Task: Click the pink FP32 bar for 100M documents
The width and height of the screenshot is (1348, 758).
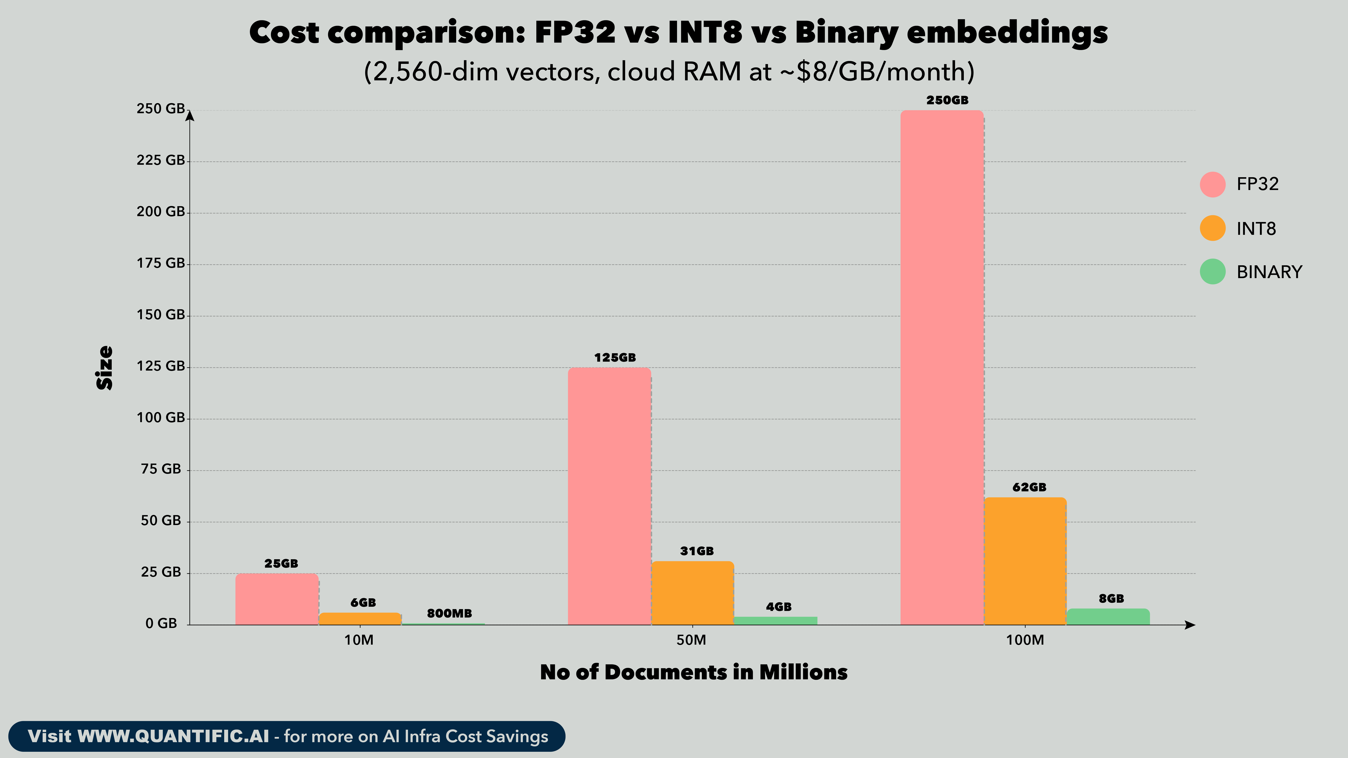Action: pos(942,366)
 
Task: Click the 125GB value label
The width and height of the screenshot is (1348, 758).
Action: pos(615,358)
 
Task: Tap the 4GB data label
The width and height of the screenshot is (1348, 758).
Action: pos(779,607)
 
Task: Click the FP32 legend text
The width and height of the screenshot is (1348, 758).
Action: pos(1258,184)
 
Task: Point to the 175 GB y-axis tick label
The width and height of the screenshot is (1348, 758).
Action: pos(161,263)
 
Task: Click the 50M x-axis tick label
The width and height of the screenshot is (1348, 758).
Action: pos(691,640)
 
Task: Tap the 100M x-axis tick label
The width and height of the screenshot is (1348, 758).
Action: pos(1025,640)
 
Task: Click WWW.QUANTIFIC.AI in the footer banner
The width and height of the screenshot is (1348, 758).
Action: pos(173,737)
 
